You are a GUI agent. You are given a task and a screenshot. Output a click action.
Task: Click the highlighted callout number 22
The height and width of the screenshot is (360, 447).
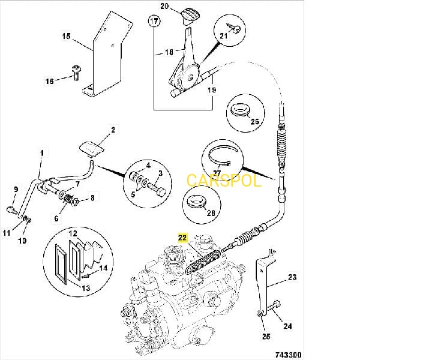182,238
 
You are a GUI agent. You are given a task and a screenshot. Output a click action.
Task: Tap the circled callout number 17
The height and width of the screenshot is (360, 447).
155,22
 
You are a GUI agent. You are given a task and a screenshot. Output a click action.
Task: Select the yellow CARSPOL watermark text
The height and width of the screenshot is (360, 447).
224,180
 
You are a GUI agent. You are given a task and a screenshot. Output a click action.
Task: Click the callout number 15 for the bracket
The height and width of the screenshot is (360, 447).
66,36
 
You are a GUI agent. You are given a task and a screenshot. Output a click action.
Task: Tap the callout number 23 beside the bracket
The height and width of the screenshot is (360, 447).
292,277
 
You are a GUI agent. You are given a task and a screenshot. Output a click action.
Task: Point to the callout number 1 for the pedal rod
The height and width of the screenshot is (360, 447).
41,154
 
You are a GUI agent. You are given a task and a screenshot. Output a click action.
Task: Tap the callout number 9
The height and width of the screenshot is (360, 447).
16,190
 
